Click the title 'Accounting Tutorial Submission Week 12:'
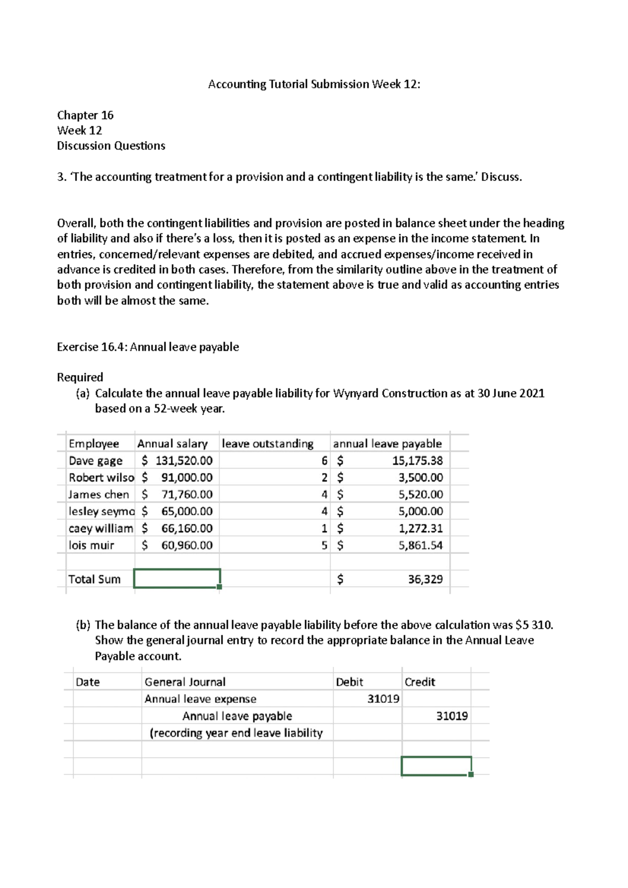(314, 84)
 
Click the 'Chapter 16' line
(85, 115)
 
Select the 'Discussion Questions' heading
(111, 146)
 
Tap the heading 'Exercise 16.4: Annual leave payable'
(148, 347)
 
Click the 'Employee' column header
(94, 443)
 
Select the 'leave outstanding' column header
(267, 443)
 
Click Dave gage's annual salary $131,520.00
(177, 461)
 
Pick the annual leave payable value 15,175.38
(417, 461)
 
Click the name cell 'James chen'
(99, 494)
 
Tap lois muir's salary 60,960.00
(186, 545)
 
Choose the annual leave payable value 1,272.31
(420, 528)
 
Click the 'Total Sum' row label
(95, 579)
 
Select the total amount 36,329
(425, 579)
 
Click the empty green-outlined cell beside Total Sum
(177, 578)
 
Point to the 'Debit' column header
(350, 682)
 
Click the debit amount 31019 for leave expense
(383, 699)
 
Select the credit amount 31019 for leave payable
(452, 716)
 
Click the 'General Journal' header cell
(185, 682)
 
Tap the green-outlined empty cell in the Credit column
(436, 766)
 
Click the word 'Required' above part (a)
(80, 377)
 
